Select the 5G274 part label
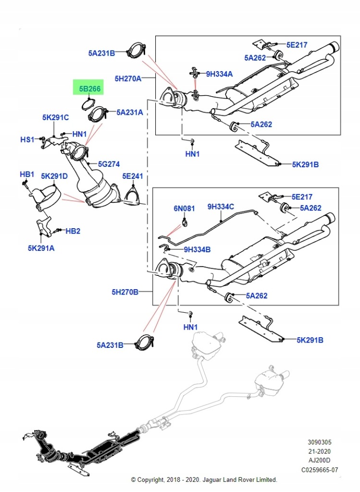pyautogui.click(x=109, y=164)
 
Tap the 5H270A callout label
pyautogui.click(x=128, y=78)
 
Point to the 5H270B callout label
pyautogui.click(x=125, y=292)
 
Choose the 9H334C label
pyautogui.click(x=221, y=207)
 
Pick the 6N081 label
pyautogui.click(x=184, y=209)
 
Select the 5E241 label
pyautogui.click(x=133, y=176)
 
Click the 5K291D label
pyautogui.click(x=54, y=176)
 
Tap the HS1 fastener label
pyautogui.click(x=27, y=139)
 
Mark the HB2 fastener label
pyautogui.click(x=73, y=231)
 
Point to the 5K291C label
pyautogui.click(x=55, y=117)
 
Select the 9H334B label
pyautogui.click(x=197, y=249)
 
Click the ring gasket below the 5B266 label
pyautogui.click(x=87, y=103)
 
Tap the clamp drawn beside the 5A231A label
pyautogui.click(x=97, y=115)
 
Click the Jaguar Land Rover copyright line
pyautogui.click(x=204, y=480)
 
